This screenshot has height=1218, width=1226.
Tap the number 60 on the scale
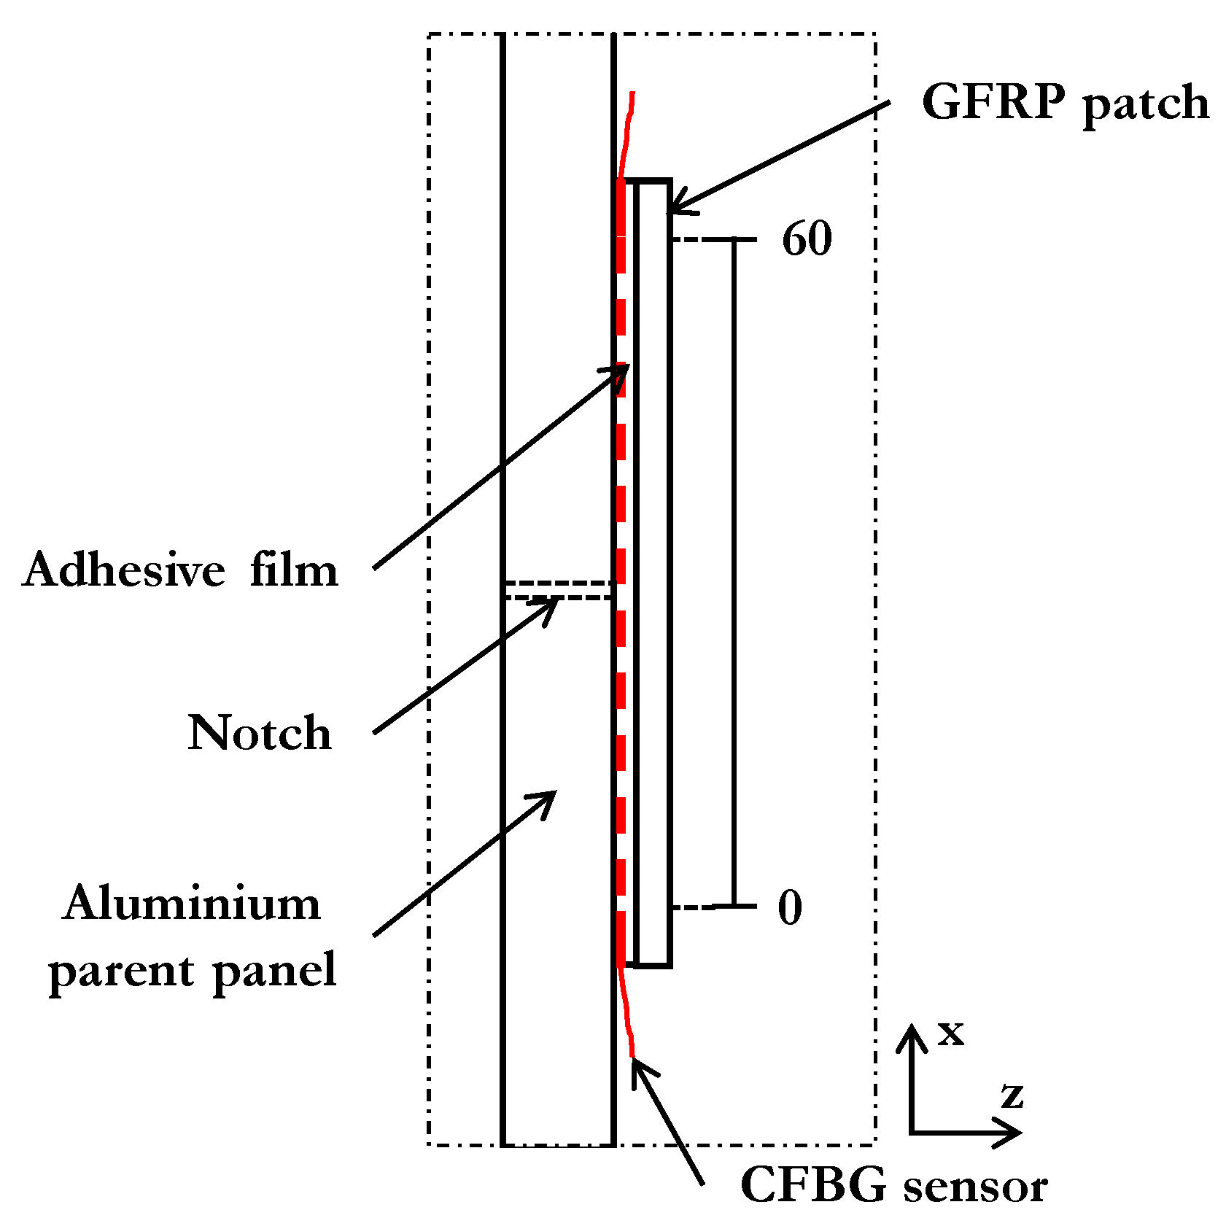click(806, 238)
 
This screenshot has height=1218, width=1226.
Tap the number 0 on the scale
click(790, 907)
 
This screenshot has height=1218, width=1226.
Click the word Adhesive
click(124, 569)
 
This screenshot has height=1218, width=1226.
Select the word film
click(294, 569)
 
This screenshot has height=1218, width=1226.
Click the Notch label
click(259, 732)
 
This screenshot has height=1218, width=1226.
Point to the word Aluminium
click(191, 903)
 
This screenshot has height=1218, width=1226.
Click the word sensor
click(975, 1187)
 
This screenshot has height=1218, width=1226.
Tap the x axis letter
click(950, 1033)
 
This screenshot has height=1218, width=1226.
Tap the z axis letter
click(1012, 1095)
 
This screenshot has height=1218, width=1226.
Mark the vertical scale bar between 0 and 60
click(734, 573)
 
